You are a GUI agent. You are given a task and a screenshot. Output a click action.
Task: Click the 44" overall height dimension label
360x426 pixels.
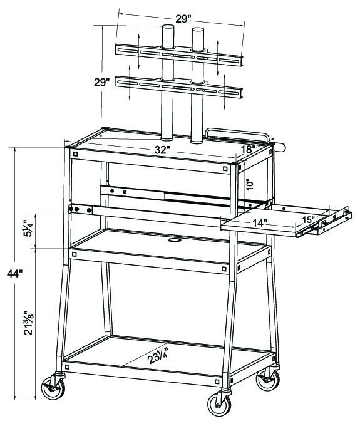tap(14, 274)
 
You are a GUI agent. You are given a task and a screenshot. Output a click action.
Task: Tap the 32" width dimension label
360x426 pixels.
tap(162, 150)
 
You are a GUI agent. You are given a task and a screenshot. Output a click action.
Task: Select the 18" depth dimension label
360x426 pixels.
tap(248, 150)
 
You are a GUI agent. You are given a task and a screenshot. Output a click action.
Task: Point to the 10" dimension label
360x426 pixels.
tap(250, 184)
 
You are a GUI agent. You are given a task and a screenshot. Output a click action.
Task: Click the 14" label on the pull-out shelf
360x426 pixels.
tap(260, 223)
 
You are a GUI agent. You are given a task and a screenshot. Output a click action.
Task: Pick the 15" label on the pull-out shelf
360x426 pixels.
tap(309, 219)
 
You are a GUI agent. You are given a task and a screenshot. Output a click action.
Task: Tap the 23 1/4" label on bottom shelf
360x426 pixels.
tap(158, 356)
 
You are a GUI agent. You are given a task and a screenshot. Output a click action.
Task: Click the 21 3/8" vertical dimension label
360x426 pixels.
tap(29, 323)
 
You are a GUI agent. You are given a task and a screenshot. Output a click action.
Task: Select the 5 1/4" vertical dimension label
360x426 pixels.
tap(28, 229)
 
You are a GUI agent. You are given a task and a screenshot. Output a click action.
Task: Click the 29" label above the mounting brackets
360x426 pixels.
tap(183, 19)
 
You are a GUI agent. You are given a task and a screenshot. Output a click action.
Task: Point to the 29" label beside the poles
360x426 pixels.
tap(102, 82)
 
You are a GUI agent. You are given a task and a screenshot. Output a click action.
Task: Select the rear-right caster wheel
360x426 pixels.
tap(268, 380)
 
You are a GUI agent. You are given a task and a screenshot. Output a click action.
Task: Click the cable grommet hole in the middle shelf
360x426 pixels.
tap(175, 240)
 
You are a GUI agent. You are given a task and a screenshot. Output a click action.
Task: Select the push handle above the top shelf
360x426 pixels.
tap(237, 132)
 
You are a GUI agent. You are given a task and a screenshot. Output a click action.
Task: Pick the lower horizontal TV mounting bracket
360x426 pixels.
tap(179, 86)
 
